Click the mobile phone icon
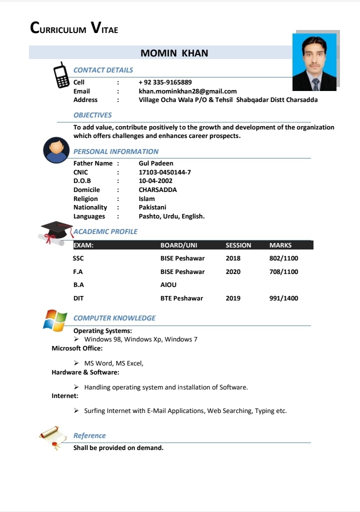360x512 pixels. pyautogui.click(x=61, y=75)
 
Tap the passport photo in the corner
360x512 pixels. pyautogui.click(x=314, y=62)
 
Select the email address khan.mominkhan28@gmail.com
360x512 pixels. pyautogui.click(x=187, y=91)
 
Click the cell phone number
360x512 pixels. pyautogui.click(x=165, y=82)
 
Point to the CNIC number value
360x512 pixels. pyautogui.click(x=164, y=172)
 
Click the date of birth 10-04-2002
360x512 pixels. pyautogui.click(x=155, y=181)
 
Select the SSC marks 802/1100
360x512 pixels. pyautogui.click(x=283, y=258)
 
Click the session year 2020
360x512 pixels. pyautogui.click(x=233, y=272)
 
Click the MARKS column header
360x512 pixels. pyautogui.click(x=280, y=245)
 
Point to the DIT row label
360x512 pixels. pyautogui.click(x=78, y=298)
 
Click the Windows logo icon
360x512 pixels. pyautogui.click(x=55, y=320)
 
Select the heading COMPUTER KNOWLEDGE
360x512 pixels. pyautogui.click(x=114, y=318)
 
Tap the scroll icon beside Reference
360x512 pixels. pyautogui.click(x=53, y=437)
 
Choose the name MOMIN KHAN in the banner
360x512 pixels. pyautogui.click(x=174, y=53)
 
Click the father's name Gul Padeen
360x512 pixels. pyautogui.click(x=156, y=163)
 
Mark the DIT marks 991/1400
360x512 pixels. pyautogui.click(x=283, y=298)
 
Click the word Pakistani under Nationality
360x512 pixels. pyautogui.click(x=152, y=207)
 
